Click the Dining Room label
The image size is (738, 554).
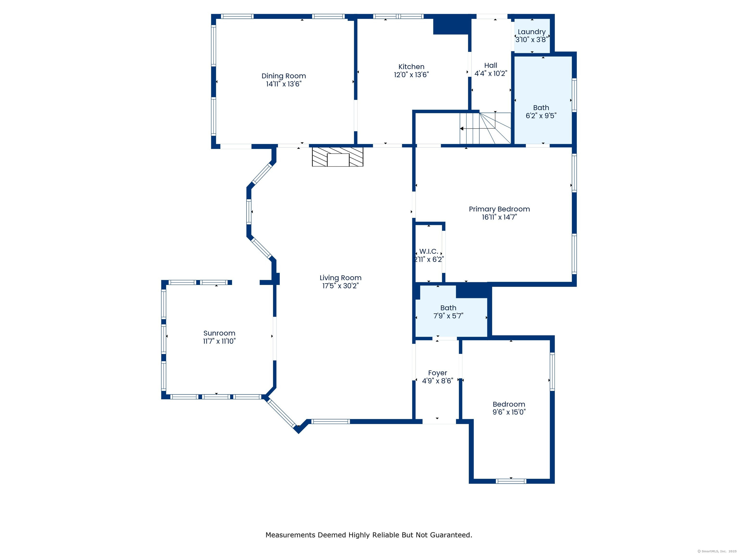[283, 76]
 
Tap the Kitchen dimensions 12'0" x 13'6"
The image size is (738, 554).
[411, 75]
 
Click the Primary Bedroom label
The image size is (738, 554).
[499, 209]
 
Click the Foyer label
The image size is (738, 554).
[438, 373]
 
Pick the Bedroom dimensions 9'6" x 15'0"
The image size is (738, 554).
[509, 412]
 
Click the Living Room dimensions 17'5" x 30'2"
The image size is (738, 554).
[341, 286]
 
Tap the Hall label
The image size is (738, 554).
[491, 65]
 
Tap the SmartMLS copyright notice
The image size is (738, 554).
[717, 551]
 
